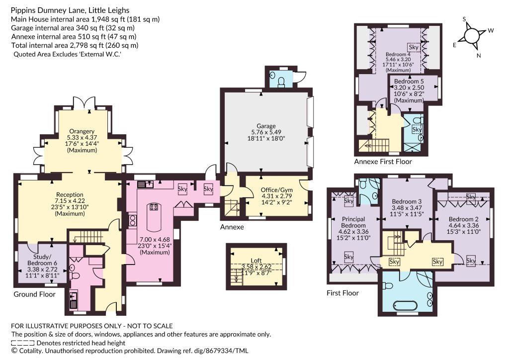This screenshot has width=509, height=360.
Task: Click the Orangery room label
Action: (82, 131)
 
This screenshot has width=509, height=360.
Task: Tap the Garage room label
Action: (266, 126)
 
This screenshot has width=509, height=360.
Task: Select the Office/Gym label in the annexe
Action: (276, 190)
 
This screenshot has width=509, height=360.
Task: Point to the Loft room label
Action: (256, 261)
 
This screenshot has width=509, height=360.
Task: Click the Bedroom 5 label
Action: (409, 81)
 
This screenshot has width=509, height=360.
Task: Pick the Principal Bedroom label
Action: (353, 222)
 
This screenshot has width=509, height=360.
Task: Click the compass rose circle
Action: (472, 35)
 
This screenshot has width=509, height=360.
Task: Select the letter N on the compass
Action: (479, 56)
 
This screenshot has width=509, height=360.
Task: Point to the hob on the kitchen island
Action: (154, 207)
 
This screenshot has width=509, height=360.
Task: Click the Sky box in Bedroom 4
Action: (414, 47)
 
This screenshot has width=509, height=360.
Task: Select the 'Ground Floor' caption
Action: (34, 294)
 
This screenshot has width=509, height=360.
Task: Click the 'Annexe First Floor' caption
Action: (383, 162)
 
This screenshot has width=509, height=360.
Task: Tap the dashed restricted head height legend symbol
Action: (23, 343)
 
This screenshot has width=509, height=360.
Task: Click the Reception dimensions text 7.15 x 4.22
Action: (70, 201)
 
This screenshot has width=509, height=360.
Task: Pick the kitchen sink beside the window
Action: (146, 184)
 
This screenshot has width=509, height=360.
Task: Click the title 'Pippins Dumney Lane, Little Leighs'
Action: (70, 10)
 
